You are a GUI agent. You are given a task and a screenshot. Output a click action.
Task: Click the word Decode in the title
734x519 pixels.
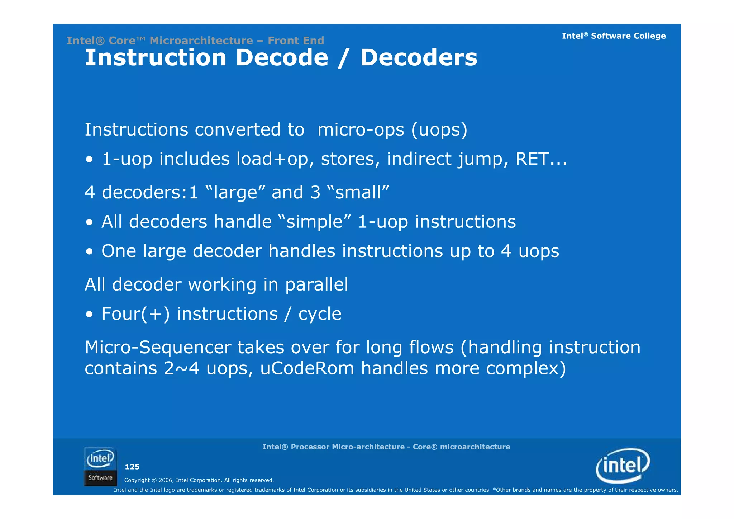point(282,58)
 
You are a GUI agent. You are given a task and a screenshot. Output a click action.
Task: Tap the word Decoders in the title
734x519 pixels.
point(419,58)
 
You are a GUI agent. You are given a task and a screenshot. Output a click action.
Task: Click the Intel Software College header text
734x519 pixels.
point(614,36)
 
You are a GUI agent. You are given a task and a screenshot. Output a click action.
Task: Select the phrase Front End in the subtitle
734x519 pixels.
point(296,41)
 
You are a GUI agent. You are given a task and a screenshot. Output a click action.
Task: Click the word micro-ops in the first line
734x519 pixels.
point(361,129)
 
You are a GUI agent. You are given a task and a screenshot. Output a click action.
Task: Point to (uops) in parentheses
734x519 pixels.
point(439,129)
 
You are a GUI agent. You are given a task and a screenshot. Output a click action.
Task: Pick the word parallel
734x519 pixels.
point(316,285)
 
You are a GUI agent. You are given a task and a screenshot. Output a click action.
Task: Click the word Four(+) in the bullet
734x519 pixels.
point(135,314)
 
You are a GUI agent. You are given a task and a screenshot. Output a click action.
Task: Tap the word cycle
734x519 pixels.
point(320,314)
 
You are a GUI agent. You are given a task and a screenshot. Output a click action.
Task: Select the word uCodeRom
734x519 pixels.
point(307,368)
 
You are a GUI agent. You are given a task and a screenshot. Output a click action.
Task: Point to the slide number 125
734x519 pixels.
point(132,467)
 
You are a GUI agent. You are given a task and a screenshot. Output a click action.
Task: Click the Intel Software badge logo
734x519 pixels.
point(100,467)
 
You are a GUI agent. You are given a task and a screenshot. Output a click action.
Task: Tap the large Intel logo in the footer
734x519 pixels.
point(623,466)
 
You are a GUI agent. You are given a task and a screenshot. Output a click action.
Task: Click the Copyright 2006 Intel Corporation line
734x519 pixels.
point(199,480)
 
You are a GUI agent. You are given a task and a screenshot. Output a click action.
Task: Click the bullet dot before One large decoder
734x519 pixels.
point(89,252)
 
